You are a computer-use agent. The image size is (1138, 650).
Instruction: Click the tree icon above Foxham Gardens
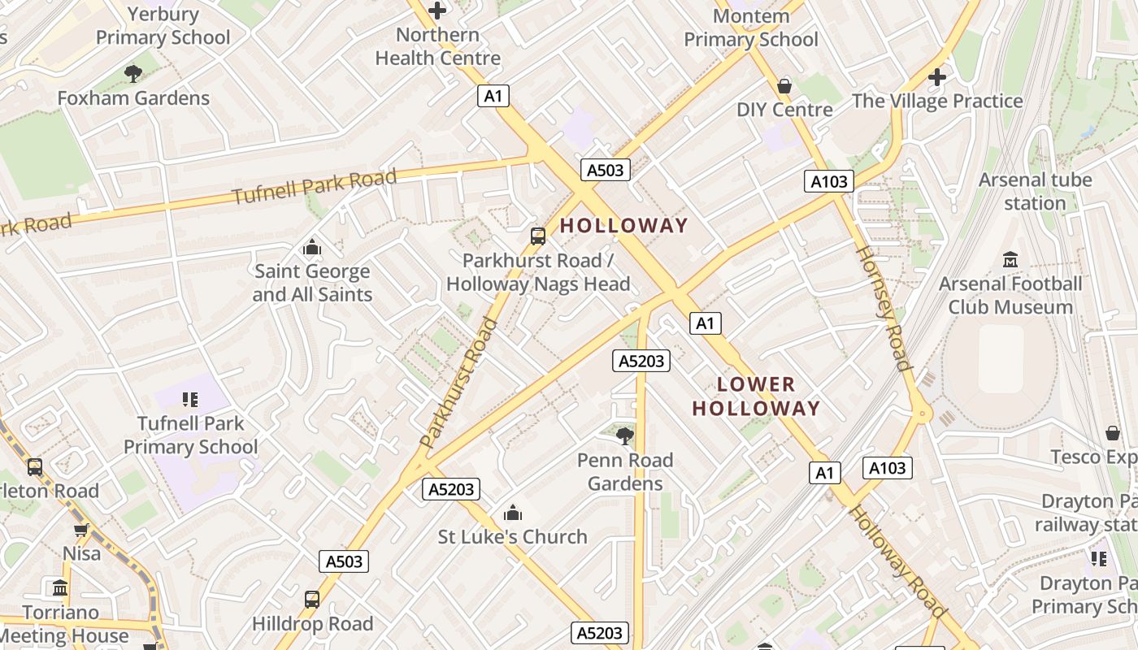click(x=133, y=74)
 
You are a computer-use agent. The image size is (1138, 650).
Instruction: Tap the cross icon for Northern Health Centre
click(x=437, y=11)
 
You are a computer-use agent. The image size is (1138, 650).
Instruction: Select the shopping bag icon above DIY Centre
click(x=784, y=85)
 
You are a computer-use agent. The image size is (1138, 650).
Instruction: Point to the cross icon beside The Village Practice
click(x=937, y=77)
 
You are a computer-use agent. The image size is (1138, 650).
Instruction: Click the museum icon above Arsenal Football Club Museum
click(x=1010, y=260)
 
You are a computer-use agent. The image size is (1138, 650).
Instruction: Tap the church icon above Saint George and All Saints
click(x=311, y=247)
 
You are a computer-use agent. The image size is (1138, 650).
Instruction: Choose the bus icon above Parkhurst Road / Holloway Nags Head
click(x=538, y=236)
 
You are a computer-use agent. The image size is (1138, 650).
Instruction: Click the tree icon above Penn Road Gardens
click(x=624, y=436)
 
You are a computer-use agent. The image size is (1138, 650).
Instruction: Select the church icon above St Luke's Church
click(x=512, y=513)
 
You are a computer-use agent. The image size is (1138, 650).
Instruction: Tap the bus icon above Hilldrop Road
click(x=311, y=600)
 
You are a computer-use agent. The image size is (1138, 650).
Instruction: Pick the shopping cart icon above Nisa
click(x=81, y=531)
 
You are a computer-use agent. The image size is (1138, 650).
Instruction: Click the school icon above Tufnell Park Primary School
click(x=190, y=399)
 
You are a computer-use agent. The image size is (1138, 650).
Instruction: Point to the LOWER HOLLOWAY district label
click(x=756, y=396)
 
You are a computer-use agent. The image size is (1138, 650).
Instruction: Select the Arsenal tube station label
click(x=1035, y=191)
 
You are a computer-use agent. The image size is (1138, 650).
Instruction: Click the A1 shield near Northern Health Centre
click(x=493, y=96)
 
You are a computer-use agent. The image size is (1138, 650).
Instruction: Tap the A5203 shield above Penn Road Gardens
click(x=642, y=361)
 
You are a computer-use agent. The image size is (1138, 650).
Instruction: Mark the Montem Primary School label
click(x=750, y=28)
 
